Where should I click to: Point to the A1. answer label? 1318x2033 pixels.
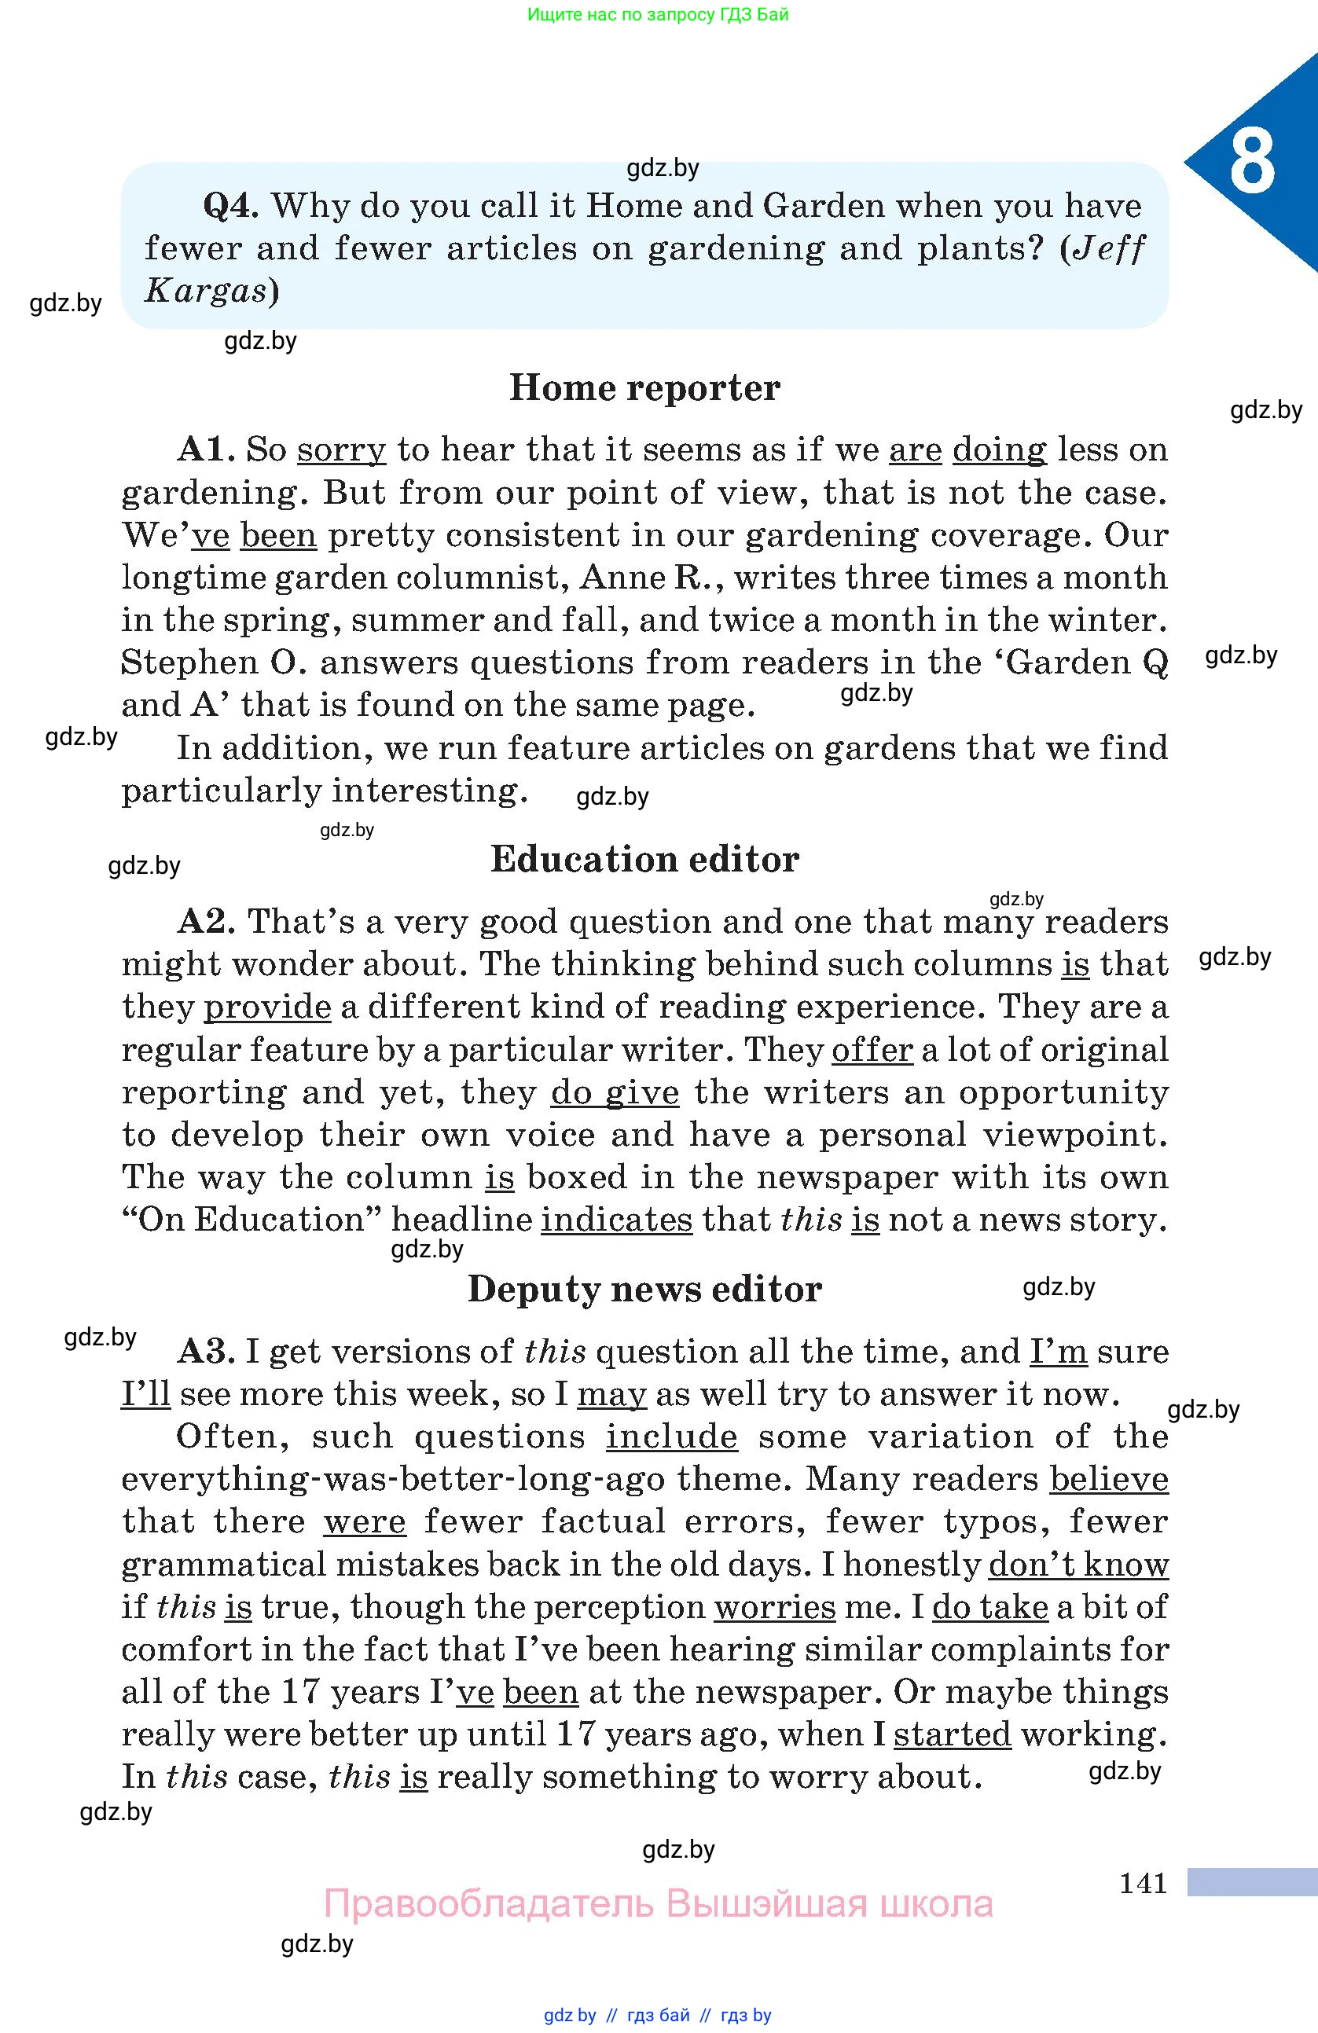[206, 450]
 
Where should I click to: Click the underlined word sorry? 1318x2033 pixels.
[341, 450]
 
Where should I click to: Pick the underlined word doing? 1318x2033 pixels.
[999, 450]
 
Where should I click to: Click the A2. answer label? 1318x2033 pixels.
[206, 922]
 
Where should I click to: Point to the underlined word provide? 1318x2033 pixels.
[266, 1007]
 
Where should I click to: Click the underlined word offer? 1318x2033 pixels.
[872, 1050]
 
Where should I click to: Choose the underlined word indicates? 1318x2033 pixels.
[616, 1220]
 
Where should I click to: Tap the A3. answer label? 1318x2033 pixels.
[206, 1352]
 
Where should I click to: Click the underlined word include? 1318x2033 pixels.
[671, 1437]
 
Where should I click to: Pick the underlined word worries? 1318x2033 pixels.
[774, 1607]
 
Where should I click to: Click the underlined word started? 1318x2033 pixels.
[952, 1735]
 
